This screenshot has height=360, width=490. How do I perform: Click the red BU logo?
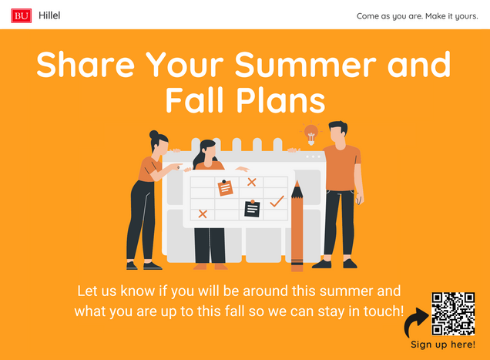pos(22,15)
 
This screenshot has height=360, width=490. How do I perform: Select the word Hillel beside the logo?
pos(49,15)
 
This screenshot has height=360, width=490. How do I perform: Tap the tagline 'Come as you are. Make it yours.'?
pos(417,16)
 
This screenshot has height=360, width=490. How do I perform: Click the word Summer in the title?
pos(305,65)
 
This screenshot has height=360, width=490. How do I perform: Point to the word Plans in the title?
pos(280,100)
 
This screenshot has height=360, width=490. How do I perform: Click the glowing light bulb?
pos(311,134)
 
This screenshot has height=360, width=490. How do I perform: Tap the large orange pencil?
pos(297,226)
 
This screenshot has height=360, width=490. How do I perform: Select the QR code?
pos(453,314)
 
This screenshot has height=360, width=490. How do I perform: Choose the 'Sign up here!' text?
pos(443,345)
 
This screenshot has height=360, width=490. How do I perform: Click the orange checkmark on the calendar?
pos(277,201)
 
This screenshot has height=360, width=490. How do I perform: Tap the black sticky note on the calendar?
pos(252,209)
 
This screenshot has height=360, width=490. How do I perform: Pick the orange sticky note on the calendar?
pos(225,188)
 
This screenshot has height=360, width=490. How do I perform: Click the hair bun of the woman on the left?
pos(154,135)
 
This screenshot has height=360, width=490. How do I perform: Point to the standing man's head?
pos(337,133)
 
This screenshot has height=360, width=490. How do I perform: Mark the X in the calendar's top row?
pos(252,182)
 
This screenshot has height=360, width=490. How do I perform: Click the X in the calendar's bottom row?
pos(203,214)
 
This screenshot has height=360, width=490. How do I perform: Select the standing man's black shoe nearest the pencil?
pos(322,264)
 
